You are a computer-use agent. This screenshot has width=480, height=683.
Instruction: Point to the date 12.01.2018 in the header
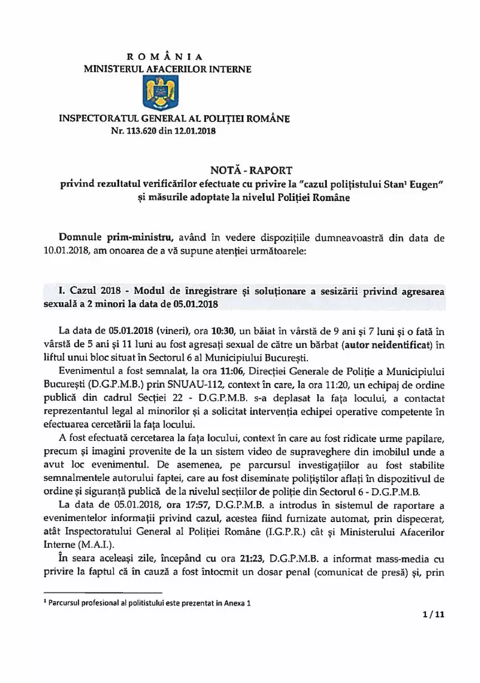pos(196,131)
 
